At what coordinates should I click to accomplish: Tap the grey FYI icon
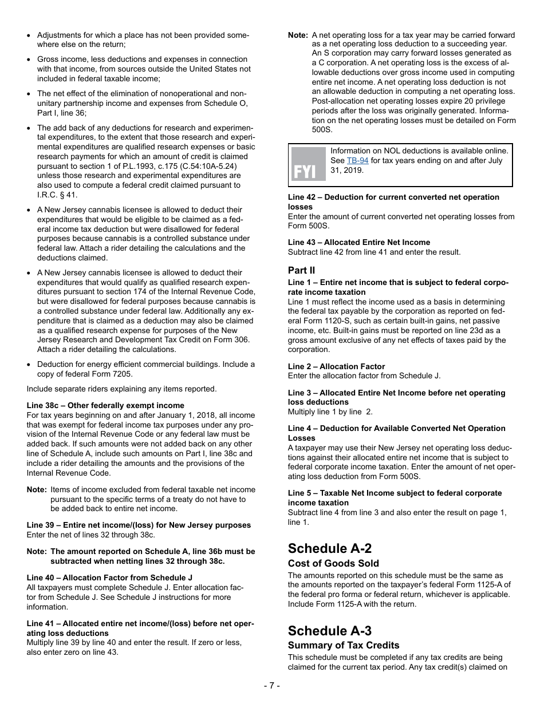(308, 164)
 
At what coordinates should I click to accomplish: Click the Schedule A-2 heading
(329, 548)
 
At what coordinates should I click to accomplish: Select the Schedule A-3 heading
(329, 631)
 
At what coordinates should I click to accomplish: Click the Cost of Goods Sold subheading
(333, 563)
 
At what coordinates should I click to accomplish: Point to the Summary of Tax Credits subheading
(344, 645)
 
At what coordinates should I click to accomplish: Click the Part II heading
(301, 270)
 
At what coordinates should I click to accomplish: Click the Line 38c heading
(105, 405)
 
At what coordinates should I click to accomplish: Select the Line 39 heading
(139, 525)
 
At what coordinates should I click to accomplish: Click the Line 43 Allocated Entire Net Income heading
(359, 242)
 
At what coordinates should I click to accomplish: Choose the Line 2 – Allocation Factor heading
(336, 366)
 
